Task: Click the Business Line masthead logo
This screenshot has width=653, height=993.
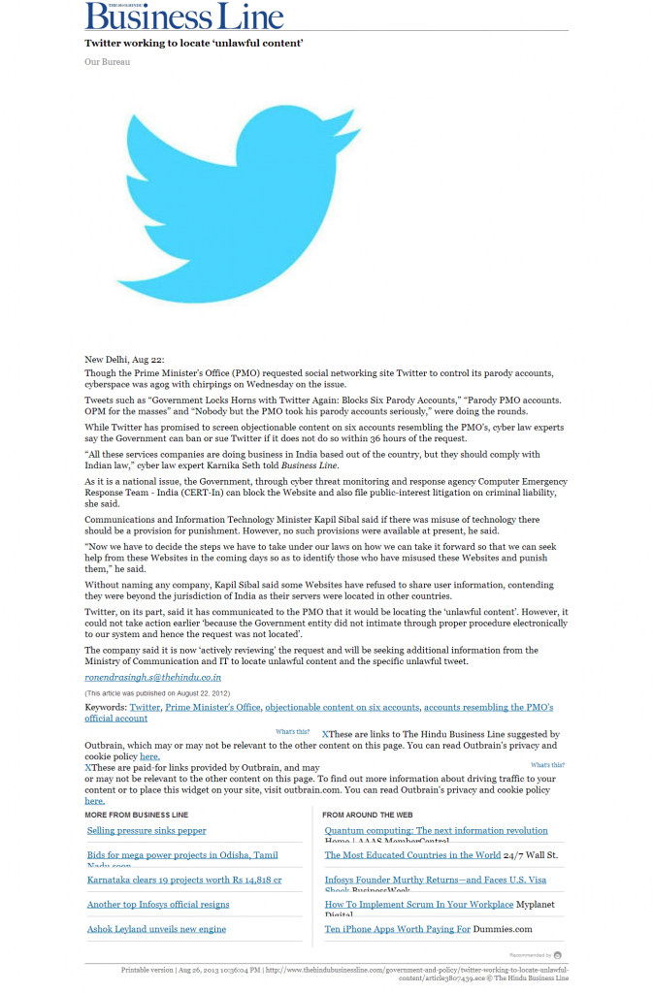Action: click(184, 16)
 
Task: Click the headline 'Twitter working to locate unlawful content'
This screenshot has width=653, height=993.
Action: click(194, 44)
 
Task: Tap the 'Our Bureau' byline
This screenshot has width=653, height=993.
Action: click(107, 62)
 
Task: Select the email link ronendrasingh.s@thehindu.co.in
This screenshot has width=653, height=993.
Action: click(152, 677)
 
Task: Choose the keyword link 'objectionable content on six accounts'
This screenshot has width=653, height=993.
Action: click(342, 708)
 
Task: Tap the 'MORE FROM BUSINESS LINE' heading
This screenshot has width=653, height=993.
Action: click(137, 815)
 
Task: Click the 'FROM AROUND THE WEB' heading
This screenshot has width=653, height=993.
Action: click(368, 815)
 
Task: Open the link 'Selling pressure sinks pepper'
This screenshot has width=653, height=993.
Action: click(147, 831)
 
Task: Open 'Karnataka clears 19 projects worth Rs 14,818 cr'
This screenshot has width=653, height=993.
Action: click(184, 880)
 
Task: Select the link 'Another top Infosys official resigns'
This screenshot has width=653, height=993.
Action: click(158, 904)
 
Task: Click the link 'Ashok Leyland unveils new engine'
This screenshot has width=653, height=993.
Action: click(156, 929)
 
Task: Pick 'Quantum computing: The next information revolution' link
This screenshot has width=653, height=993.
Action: click(436, 831)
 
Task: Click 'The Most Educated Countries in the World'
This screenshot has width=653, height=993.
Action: click(412, 855)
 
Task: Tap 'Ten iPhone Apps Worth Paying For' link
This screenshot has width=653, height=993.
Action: click(398, 929)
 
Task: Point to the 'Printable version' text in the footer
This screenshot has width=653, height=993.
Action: click(147, 969)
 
